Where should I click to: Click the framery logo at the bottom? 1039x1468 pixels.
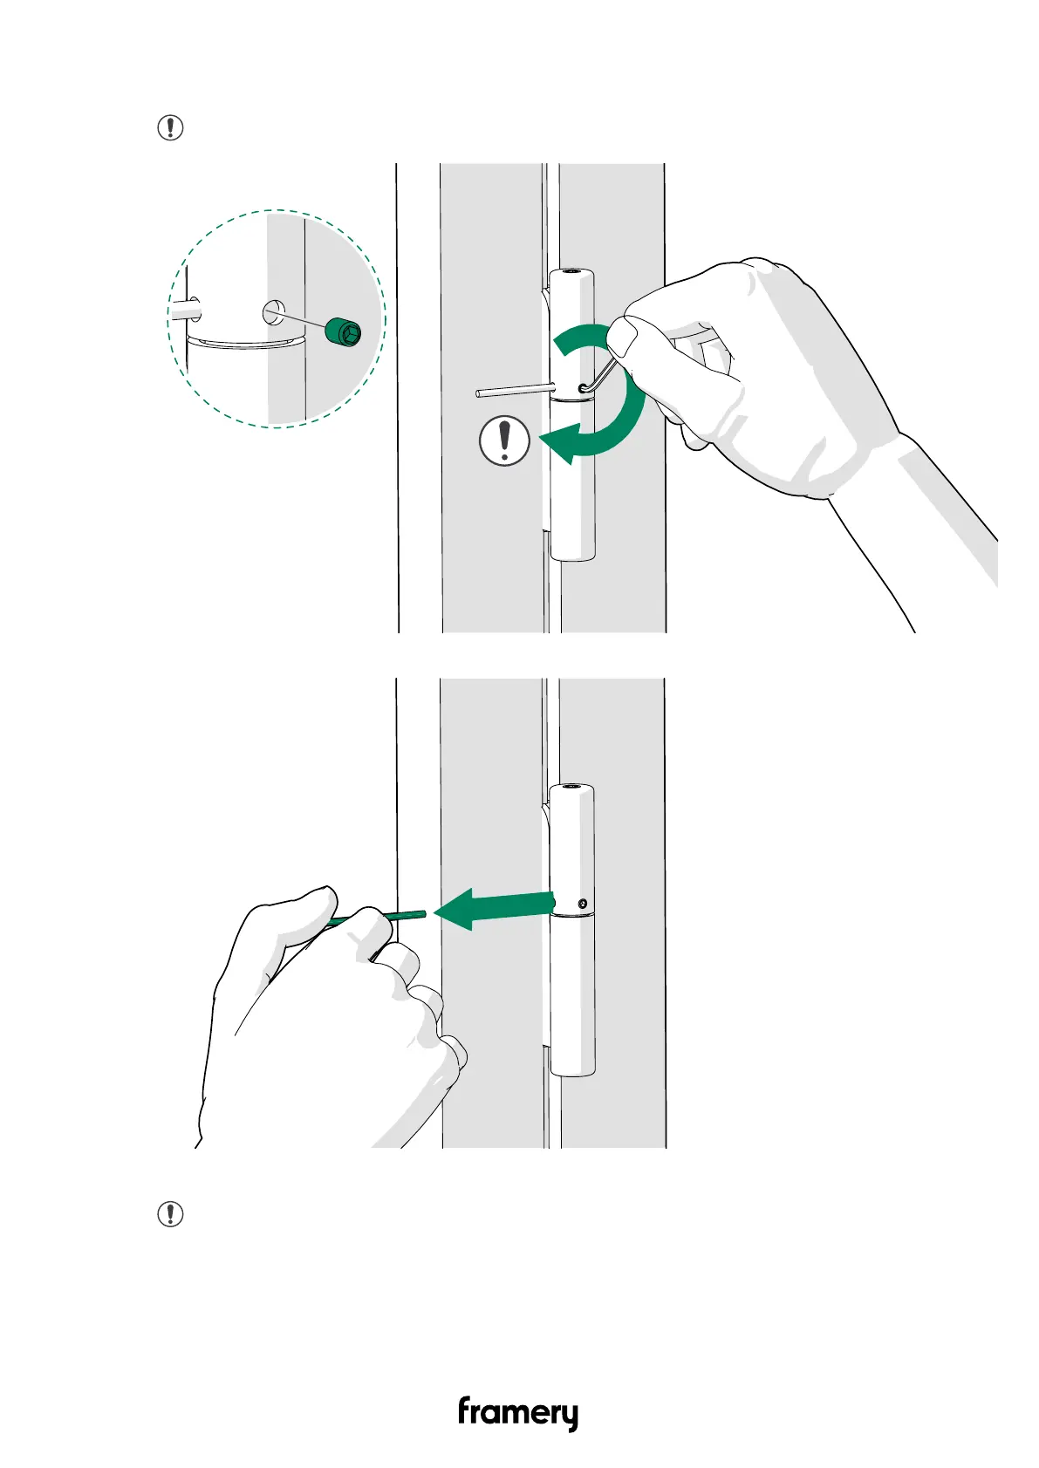[x=517, y=1412]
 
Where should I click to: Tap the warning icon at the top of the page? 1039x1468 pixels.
[x=170, y=128]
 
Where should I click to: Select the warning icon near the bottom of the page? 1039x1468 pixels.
[x=170, y=1213]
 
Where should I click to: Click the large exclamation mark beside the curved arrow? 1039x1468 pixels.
[x=504, y=440]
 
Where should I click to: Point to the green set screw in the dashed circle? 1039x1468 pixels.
[x=342, y=332]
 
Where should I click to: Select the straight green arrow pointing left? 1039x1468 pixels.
[x=493, y=908]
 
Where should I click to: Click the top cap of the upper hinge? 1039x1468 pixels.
[x=572, y=273]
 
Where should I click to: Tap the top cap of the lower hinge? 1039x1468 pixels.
[x=572, y=789]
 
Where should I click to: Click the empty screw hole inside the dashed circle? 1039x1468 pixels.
[x=273, y=311]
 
